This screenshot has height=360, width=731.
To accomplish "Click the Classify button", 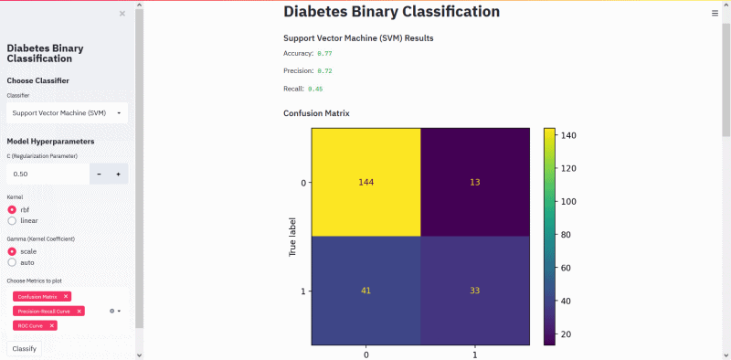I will coord(24,347).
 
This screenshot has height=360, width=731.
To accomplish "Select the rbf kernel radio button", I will coord(13,209).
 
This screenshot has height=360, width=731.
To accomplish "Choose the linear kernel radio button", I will coord(13,220).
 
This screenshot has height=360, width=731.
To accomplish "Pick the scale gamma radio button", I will coord(13,250).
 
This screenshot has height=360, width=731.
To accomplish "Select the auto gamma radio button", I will coord(13,261).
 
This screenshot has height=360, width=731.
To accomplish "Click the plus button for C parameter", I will coord(118,174).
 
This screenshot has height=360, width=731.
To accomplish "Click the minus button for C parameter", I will coord(99,174).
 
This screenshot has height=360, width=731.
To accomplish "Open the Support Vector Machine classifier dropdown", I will coord(67,113).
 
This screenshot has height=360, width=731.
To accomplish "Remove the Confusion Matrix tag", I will coord(66,297).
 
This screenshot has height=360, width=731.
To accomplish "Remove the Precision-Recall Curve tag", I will coord(79,311).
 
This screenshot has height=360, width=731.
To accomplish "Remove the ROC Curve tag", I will coord(52,325).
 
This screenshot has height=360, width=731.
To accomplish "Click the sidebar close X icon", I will coord(122,14).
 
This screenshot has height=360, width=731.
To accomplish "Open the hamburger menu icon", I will coord(715,14).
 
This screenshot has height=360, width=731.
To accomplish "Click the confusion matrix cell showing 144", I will coord(366,182).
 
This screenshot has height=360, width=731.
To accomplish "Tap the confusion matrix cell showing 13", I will coord(475,182).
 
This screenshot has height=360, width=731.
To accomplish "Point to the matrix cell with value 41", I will coord(366,291).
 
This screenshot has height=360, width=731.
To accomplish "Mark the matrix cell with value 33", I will coord(475,291).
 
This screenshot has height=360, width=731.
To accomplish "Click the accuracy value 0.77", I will coord(324,54).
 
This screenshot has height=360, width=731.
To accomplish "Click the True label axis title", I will coord(293,236).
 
